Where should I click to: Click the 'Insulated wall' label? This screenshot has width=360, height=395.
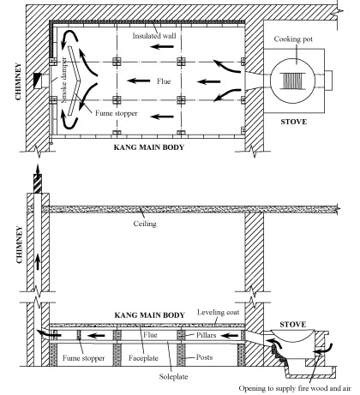(154, 36)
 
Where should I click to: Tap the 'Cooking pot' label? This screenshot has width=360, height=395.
(293, 39)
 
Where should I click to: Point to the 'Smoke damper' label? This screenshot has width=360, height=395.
(64, 80)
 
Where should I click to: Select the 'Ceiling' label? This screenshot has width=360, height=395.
(145, 224)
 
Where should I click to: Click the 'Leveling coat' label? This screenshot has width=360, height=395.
(218, 312)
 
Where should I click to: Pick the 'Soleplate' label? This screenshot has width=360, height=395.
(173, 376)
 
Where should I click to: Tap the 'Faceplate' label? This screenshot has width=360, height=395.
(143, 358)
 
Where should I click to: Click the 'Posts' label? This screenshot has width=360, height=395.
(204, 357)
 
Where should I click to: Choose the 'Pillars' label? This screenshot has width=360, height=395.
(206, 335)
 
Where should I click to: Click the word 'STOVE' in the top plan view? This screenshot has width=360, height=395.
(293, 122)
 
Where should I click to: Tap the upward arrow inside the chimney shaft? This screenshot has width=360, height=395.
(38, 262)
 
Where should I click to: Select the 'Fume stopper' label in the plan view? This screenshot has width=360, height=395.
(117, 113)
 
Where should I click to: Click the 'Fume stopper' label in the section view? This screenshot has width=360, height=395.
(83, 358)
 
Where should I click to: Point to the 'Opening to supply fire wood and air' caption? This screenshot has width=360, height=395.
(295, 388)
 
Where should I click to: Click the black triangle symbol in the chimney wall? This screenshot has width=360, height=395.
(38, 81)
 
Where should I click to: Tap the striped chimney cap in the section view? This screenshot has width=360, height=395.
(38, 183)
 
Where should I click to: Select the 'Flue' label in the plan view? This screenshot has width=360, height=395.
(164, 81)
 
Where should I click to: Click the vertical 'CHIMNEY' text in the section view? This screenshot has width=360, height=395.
(19, 244)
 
